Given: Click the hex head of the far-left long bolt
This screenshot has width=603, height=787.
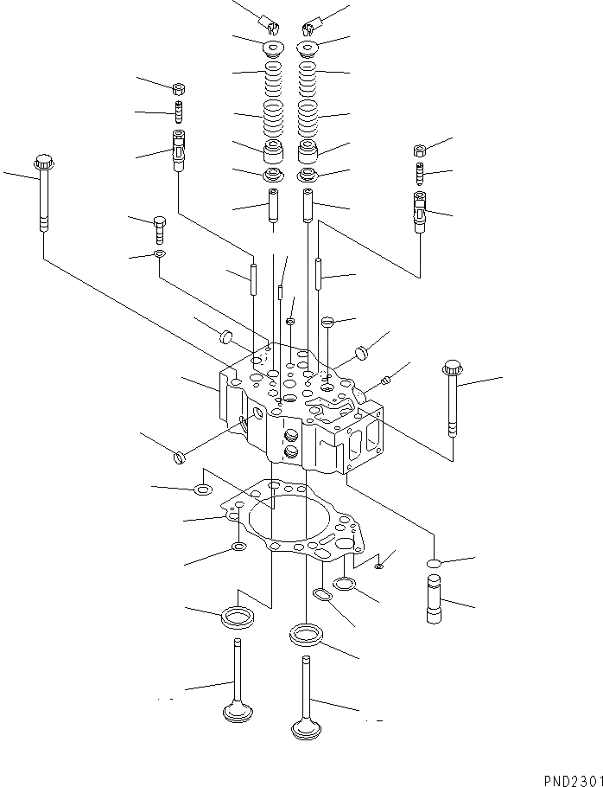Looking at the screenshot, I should [42, 161].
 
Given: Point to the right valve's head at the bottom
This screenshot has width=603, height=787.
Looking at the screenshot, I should [306, 729].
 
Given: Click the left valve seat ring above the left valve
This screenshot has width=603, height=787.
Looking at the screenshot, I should [238, 617].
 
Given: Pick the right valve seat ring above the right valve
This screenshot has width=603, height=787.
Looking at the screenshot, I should [307, 635].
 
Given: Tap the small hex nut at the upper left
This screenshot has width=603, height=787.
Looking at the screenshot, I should [179, 87].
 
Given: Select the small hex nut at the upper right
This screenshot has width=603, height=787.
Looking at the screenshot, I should [420, 150].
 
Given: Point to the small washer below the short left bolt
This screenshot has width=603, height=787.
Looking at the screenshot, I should [159, 254].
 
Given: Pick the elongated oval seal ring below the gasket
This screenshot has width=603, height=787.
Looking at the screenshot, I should [321, 596].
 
